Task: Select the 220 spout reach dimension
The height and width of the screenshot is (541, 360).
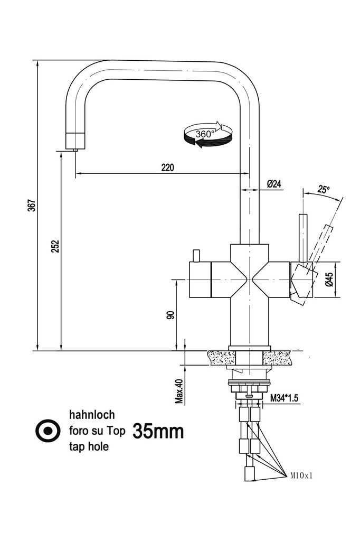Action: pos(167,167)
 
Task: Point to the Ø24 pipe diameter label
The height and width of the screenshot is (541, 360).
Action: pos(274,184)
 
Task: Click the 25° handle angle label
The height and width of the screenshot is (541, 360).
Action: pos(324,189)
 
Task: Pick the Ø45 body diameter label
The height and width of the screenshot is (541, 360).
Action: pos(328,279)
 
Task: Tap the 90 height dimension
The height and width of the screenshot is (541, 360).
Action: pos(170,315)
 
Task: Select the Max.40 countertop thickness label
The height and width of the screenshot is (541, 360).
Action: pos(179,391)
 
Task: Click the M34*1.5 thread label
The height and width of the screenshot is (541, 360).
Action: pos(284,398)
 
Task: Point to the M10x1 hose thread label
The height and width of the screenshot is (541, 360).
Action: pos(301,475)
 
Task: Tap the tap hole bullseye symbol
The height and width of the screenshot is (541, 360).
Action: pos(48,431)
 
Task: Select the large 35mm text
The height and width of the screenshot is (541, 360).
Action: pos(158,431)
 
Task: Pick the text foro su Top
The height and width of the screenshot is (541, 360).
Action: pos(97,431)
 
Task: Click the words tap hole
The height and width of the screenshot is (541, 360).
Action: pos(88,446)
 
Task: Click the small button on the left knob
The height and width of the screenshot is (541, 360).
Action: pos(195,256)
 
